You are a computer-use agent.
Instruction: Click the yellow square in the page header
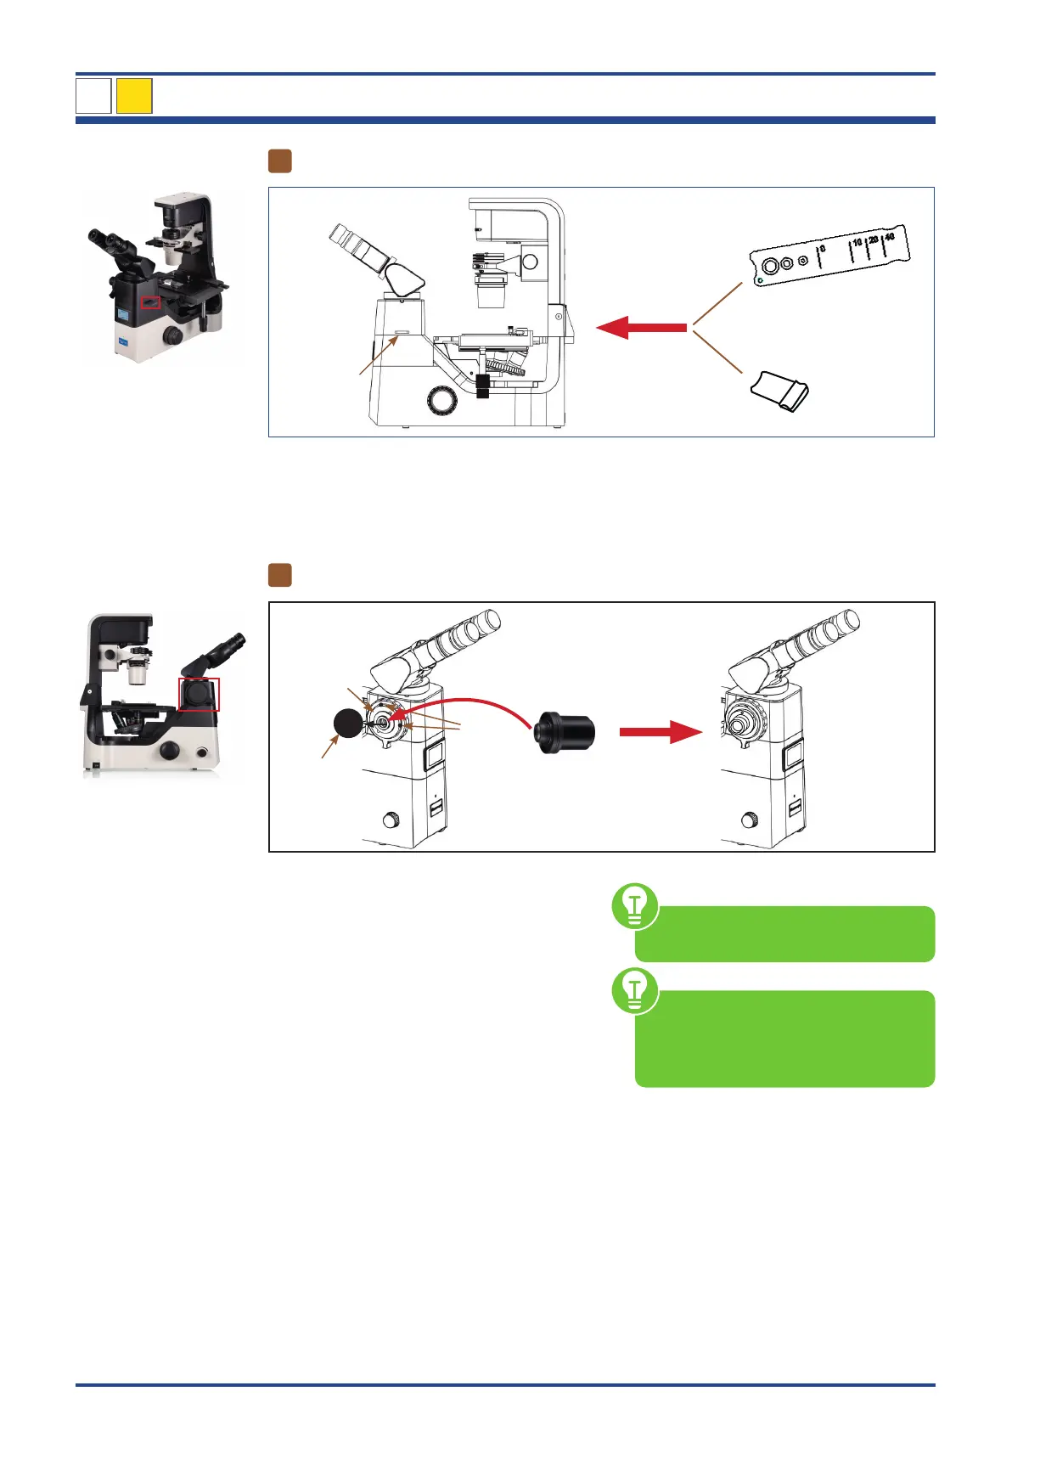pyautogui.click(x=134, y=96)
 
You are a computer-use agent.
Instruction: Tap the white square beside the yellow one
pyautogui.click(x=93, y=96)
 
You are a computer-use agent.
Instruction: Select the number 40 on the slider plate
pyautogui.click(x=889, y=237)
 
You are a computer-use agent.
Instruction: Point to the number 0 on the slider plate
pyautogui.click(x=822, y=249)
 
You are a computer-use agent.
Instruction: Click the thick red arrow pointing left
pyautogui.click(x=641, y=327)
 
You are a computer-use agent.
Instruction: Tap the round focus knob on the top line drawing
pyautogui.click(x=441, y=400)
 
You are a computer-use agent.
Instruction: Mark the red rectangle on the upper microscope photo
pyautogui.click(x=150, y=302)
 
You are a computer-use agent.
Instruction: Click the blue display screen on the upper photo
pyautogui.click(x=124, y=315)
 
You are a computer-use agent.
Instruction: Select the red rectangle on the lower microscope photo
pyautogui.click(x=199, y=694)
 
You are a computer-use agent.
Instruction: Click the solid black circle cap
pyautogui.click(x=347, y=723)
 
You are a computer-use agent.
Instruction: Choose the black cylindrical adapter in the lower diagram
pyautogui.click(x=564, y=732)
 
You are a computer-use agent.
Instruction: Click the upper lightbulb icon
pyautogui.click(x=634, y=905)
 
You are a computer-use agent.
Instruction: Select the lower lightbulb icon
pyautogui.click(x=634, y=989)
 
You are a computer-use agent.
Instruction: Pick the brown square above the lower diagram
pyautogui.click(x=280, y=575)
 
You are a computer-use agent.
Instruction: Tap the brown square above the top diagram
pyautogui.click(x=280, y=161)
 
